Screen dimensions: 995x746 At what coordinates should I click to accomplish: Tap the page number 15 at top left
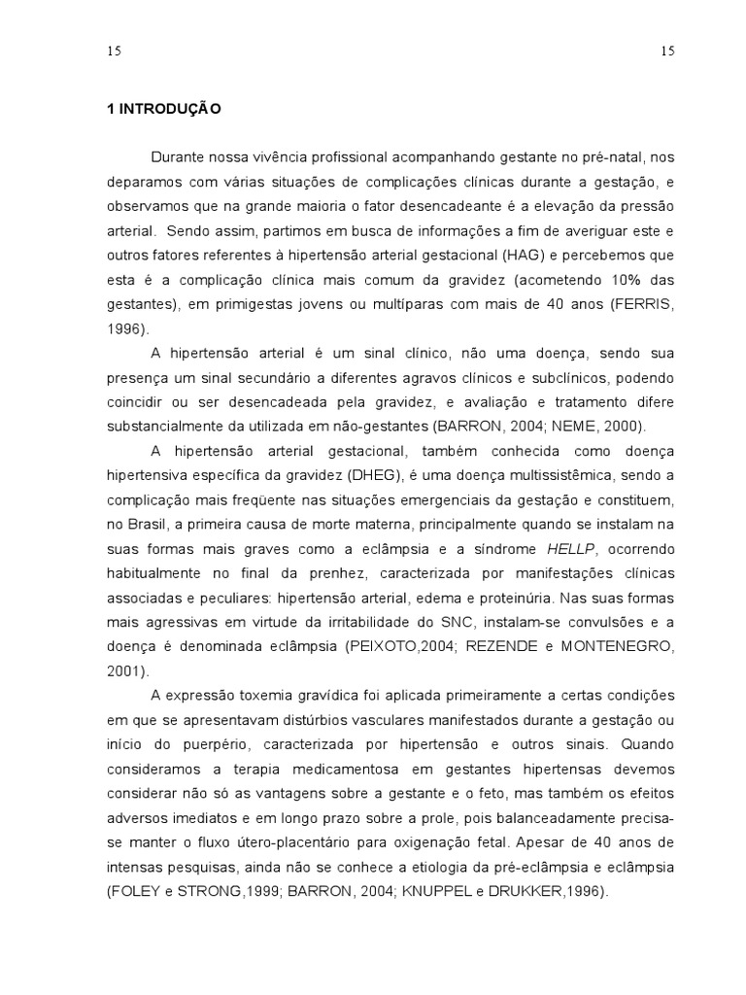click(x=115, y=52)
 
